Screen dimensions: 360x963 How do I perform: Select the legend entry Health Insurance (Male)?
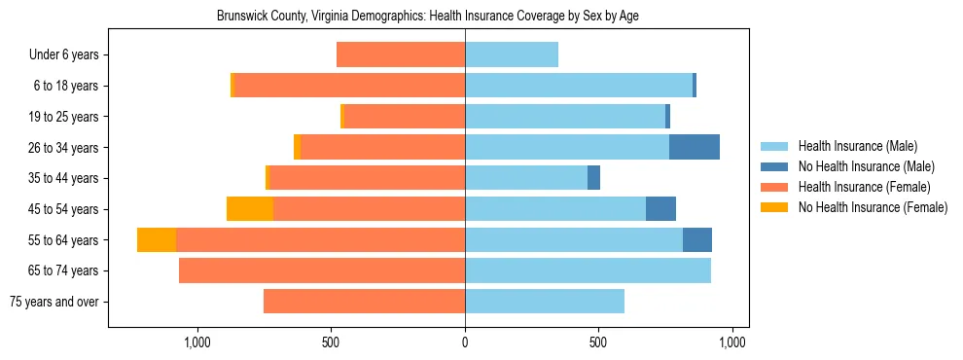tap(857, 146)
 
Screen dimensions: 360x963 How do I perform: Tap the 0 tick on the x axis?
tap(465, 342)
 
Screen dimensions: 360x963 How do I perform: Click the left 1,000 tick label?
tap(197, 342)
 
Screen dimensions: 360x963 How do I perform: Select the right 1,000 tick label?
tap(731, 342)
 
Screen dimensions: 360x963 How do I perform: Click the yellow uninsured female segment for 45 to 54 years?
tap(250, 209)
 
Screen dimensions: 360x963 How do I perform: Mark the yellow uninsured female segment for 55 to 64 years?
tap(157, 240)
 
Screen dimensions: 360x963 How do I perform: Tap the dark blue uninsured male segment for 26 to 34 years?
tap(695, 148)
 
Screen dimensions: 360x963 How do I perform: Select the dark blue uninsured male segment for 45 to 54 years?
tap(660, 209)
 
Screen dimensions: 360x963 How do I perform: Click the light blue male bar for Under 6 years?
tap(512, 55)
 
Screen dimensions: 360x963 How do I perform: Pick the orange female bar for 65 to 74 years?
tap(322, 270)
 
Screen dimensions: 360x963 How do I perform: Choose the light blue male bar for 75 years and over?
tap(545, 302)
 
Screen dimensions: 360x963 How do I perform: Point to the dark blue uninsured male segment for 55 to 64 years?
tap(697, 240)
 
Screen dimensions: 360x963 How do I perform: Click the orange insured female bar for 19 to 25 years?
tap(405, 117)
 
